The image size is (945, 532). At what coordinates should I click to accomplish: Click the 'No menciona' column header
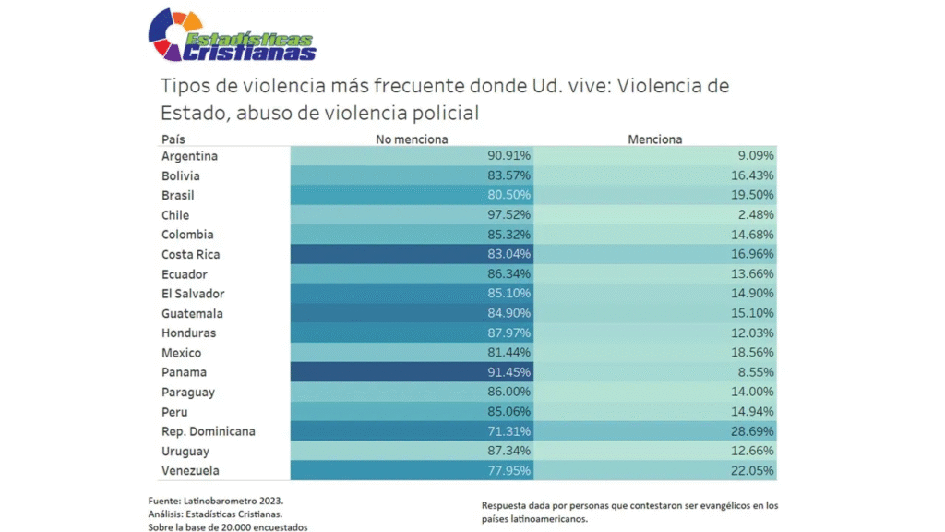tap(412, 139)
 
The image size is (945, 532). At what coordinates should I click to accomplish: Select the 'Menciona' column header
tap(654, 139)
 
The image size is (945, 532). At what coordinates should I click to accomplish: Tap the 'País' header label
tap(173, 139)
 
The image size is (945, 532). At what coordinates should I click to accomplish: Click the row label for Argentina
tap(189, 156)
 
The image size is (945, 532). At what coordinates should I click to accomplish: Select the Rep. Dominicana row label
tap(208, 431)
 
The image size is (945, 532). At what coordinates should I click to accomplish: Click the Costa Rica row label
tap(191, 255)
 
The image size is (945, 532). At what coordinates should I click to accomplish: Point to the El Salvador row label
tap(193, 294)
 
